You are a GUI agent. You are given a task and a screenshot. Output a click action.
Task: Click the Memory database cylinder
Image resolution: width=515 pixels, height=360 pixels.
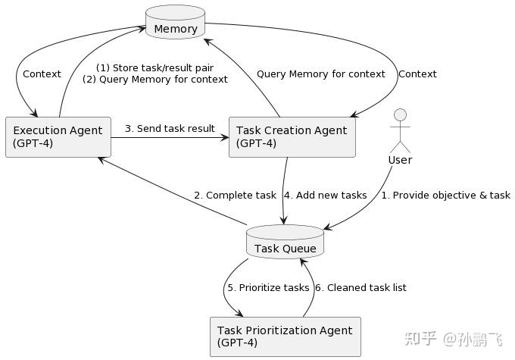pyautogui.click(x=175, y=22)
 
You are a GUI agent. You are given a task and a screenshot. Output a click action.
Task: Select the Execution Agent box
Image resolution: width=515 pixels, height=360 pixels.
pyautogui.click(x=58, y=137)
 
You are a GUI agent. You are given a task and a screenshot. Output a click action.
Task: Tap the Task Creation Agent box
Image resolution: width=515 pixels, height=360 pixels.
pyautogui.click(x=292, y=137)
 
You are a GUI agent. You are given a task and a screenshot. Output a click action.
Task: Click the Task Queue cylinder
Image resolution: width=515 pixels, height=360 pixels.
pyautogui.click(x=285, y=243)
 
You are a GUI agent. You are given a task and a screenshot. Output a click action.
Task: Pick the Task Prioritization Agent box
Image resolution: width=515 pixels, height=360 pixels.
pyautogui.click(x=285, y=337)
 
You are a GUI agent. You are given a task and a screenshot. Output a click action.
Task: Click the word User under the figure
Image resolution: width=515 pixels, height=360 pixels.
pyautogui.click(x=400, y=160)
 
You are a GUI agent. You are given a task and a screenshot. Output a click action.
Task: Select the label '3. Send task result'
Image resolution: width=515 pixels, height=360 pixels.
pyautogui.click(x=170, y=129)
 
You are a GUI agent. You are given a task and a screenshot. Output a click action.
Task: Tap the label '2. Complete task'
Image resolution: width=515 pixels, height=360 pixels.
pyautogui.click(x=235, y=196)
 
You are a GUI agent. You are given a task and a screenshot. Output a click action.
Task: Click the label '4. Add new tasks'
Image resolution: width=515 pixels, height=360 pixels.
pyautogui.click(x=325, y=196)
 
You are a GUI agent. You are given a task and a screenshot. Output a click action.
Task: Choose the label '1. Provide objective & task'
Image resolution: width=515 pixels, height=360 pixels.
pyautogui.click(x=445, y=196)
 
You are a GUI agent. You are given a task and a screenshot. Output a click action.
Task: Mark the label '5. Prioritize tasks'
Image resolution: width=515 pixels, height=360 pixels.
pyautogui.click(x=269, y=288)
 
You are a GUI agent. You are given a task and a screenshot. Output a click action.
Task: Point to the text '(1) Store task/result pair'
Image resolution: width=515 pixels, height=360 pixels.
pyautogui.click(x=154, y=67)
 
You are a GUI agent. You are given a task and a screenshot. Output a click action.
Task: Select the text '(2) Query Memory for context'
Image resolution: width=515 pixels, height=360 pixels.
pyautogui.click(x=154, y=80)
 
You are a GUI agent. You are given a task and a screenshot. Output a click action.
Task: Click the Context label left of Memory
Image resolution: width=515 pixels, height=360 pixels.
pyautogui.click(x=42, y=74)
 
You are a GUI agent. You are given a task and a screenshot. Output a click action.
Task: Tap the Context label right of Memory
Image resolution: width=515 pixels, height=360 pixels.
pyautogui.click(x=417, y=74)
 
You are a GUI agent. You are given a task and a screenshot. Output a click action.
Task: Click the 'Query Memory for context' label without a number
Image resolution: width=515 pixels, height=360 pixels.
pyautogui.click(x=320, y=74)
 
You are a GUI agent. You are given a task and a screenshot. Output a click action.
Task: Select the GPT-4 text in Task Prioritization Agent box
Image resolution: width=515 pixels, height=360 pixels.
pyautogui.click(x=237, y=343)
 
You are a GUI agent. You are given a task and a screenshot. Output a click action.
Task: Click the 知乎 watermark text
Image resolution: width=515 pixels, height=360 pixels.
pyautogui.click(x=420, y=339)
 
